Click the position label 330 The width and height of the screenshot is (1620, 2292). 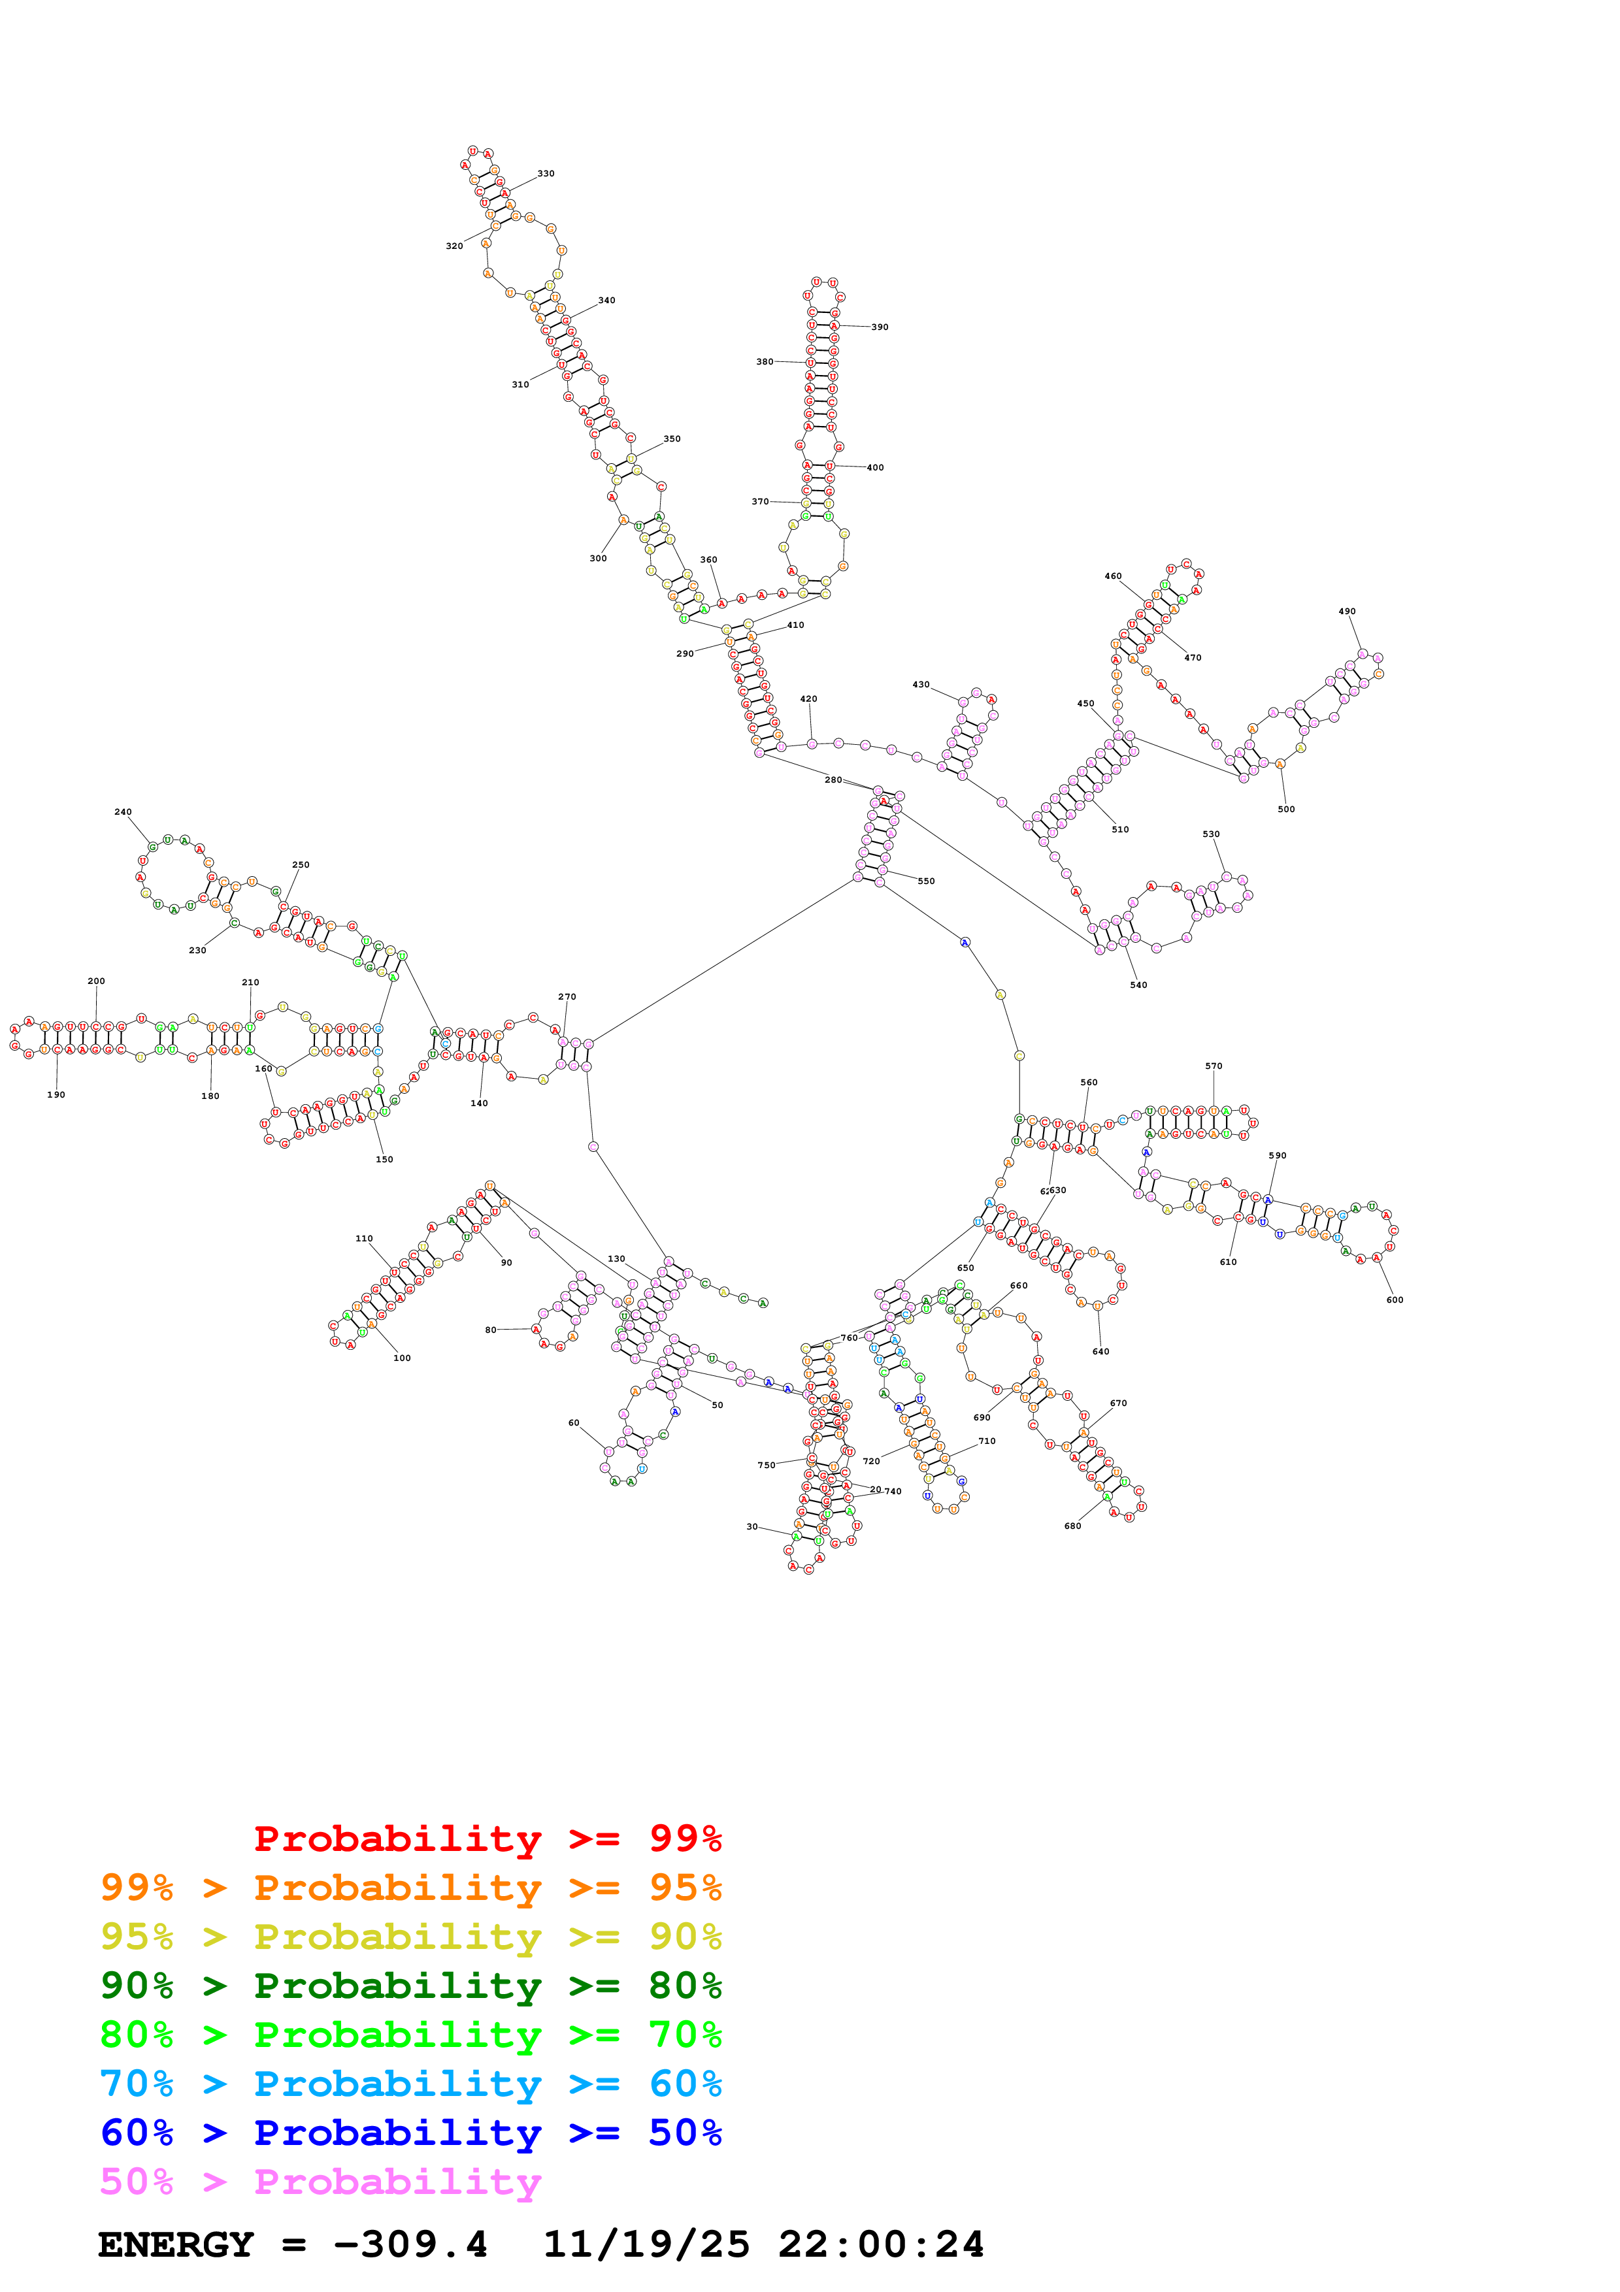546,174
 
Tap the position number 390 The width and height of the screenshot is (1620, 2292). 880,327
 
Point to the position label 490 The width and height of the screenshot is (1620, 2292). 1346,612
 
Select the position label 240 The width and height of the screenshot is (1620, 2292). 123,813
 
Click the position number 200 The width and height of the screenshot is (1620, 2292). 96,981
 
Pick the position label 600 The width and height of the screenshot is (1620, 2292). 1395,1300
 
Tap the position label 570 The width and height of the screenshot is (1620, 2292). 1214,1066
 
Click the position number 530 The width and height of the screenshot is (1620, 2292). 1211,834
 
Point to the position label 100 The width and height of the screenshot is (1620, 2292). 403,1358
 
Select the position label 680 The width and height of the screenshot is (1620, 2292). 1073,1526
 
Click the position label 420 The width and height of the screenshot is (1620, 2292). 808,700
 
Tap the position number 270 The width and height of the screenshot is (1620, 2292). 567,997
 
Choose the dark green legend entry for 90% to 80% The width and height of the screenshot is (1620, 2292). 410,1986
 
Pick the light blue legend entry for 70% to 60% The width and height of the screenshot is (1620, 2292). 410,2084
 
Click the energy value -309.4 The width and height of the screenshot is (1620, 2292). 410,2245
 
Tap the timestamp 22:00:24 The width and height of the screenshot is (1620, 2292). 882,2245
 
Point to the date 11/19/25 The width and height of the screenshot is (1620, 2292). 646,2245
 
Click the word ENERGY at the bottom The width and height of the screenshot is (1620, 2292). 176,2245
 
